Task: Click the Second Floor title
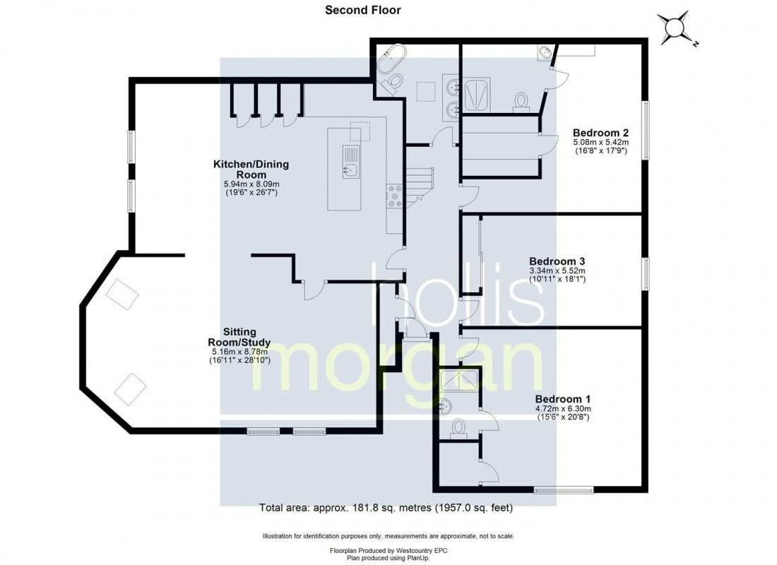click(363, 10)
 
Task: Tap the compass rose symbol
click(675, 29)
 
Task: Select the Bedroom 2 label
click(600, 133)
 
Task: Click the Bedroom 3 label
click(557, 261)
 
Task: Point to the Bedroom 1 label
click(563, 399)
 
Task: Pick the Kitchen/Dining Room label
click(251, 169)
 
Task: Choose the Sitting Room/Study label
click(239, 337)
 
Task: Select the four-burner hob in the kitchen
click(395, 196)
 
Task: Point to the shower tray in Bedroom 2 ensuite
click(478, 94)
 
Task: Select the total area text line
click(386, 508)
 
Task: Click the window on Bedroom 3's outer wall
click(646, 273)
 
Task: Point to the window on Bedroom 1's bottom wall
click(564, 490)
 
